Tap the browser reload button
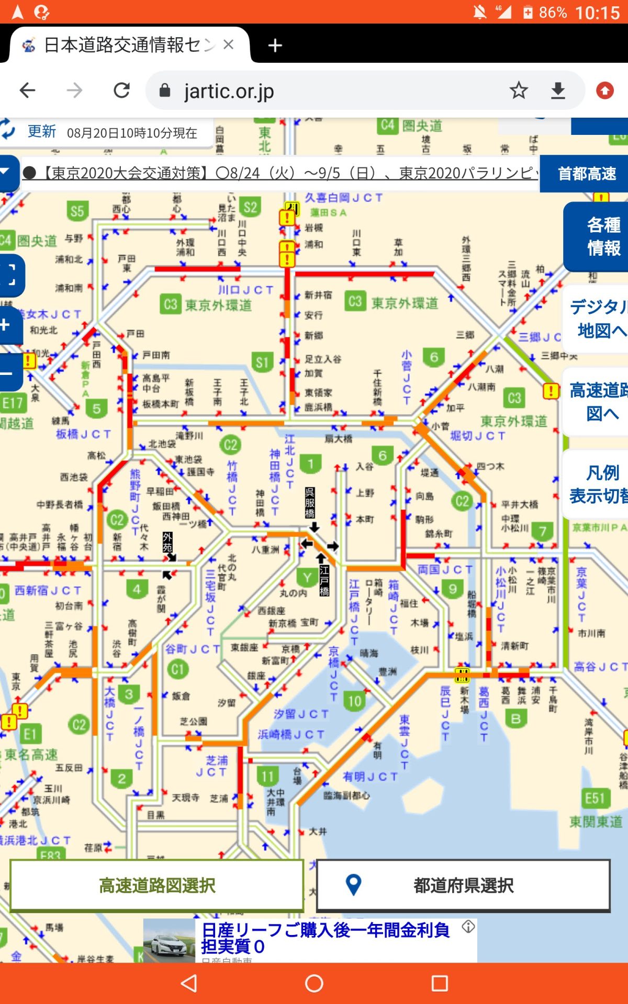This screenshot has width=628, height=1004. (121, 90)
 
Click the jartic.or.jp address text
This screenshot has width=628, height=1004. (229, 92)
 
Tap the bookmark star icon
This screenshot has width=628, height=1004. (518, 90)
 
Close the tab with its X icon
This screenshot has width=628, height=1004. (228, 45)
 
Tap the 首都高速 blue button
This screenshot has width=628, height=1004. (586, 174)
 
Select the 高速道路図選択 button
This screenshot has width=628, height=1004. (157, 885)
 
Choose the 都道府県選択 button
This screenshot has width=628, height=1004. (463, 885)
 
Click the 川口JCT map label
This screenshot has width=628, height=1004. (245, 290)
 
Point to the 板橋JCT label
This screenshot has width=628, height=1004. (83, 434)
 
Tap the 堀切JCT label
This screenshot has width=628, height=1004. (478, 436)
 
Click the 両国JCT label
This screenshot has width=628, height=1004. (445, 569)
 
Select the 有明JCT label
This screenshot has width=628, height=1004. (370, 777)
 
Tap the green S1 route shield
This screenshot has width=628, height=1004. (262, 362)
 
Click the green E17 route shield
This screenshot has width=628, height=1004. (12, 403)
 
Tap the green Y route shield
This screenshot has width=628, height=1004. (307, 578)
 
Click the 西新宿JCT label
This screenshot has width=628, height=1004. (48, 590)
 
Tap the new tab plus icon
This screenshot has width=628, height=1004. (275, 45)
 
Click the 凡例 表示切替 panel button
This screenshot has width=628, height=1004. (599, 484)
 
